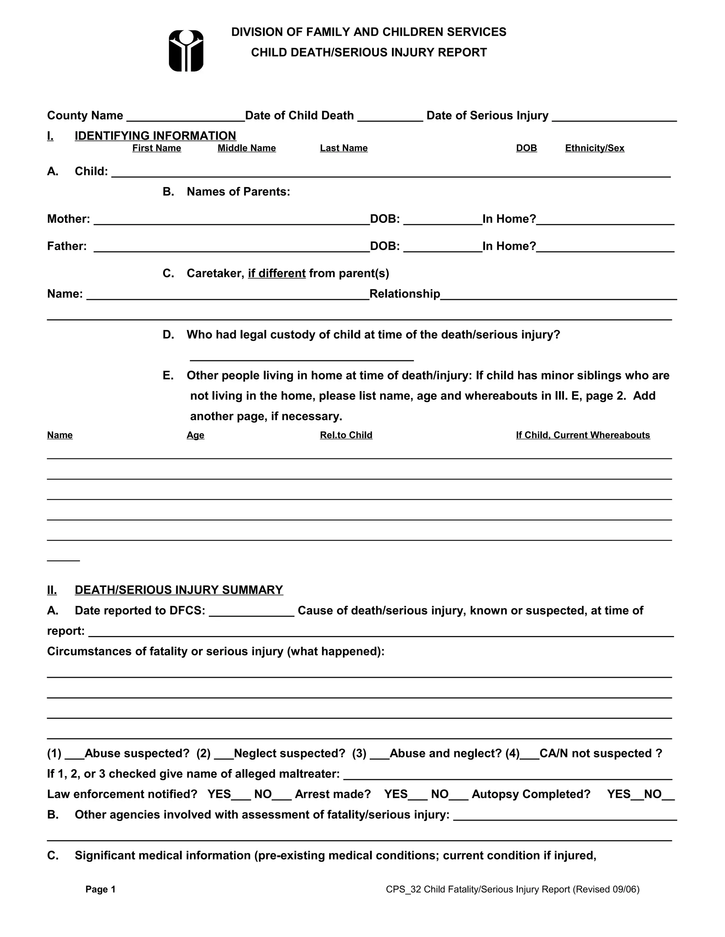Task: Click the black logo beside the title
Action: pos(186,51)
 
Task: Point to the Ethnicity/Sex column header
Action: pos(594,148)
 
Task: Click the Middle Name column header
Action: pos(246,148)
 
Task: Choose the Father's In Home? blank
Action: pos(605,248)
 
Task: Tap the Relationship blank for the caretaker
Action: pos(558,296)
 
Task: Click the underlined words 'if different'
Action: pos(276,273)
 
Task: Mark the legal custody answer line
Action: pos(302,357)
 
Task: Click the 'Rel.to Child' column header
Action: pos(346,435)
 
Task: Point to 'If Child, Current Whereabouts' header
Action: pos(583,435)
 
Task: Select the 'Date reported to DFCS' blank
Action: pos(252,612)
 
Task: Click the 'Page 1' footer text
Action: pos(101,889)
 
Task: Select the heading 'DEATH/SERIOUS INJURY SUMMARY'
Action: pos(179,590)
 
